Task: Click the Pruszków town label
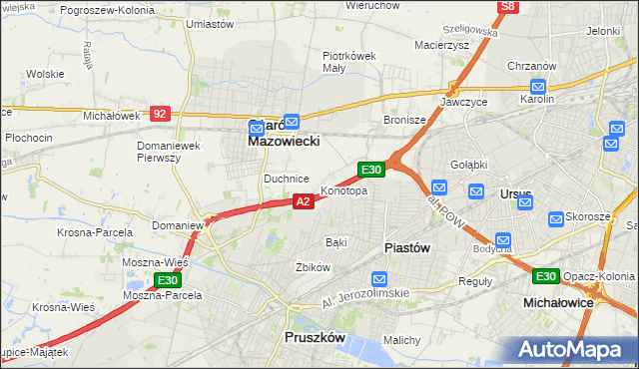click(315, 338)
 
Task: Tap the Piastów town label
click(407, 248)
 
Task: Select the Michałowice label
click(559, 301)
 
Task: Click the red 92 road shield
click(160, 114)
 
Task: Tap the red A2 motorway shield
click(305, 201)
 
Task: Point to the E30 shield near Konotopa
click(371, 171)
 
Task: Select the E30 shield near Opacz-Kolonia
click(545, 276)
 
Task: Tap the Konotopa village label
click(343, 190)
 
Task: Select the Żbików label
click(313, 267)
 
